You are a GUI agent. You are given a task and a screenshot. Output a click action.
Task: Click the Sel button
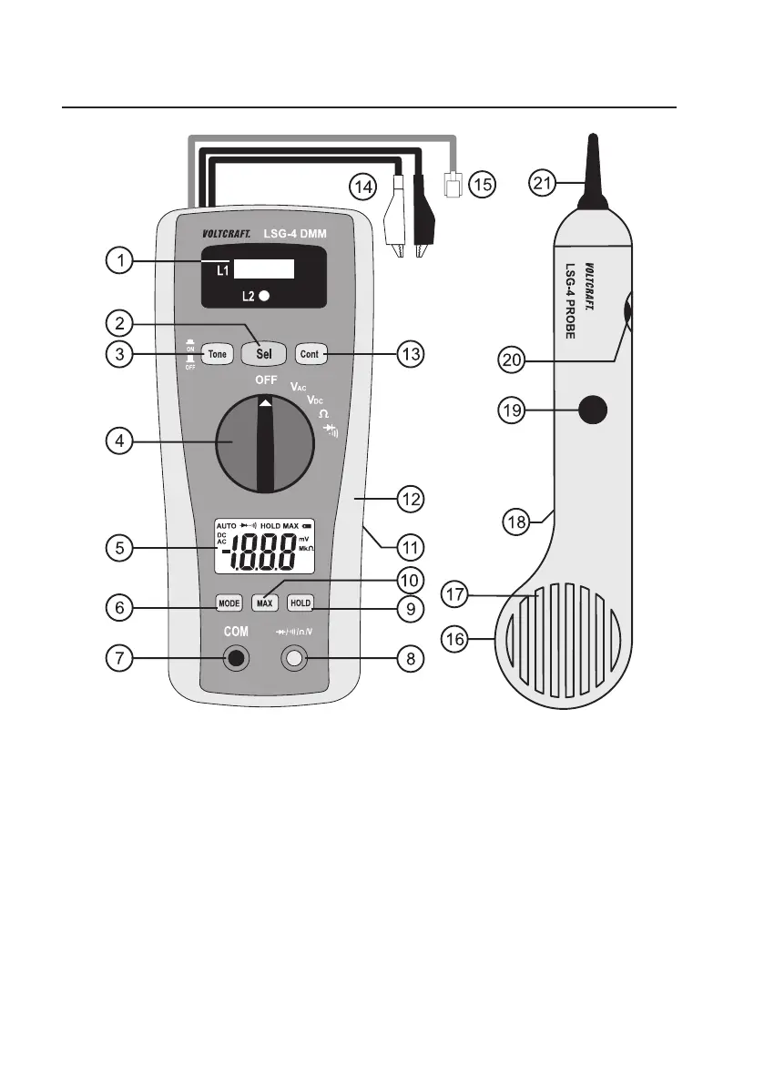point(264,352)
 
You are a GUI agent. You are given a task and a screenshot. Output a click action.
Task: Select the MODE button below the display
point(228,603)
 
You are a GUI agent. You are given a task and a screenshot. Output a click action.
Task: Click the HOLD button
point(300,603)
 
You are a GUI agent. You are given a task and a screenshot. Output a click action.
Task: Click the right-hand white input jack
point(294,658)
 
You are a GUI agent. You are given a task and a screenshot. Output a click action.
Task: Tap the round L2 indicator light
point(264,297)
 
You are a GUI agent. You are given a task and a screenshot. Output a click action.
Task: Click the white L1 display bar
point(264,268)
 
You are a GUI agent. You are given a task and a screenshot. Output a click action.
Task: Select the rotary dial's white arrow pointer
point(265,402)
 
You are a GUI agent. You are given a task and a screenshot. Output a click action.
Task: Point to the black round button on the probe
point(593,410)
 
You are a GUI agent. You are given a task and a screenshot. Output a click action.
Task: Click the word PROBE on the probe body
point(571,319)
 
